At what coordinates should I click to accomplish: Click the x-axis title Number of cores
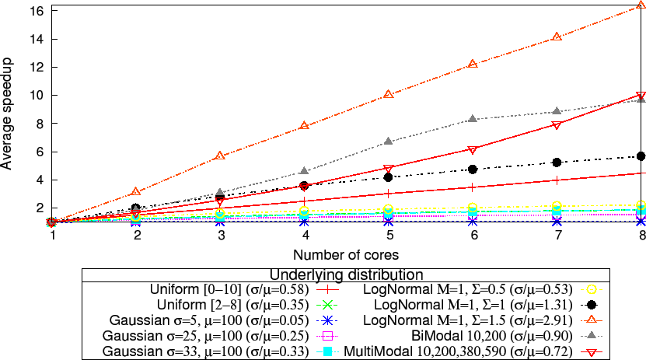click(x=346, y=255)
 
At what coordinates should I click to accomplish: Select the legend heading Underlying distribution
click(x=346, y=274)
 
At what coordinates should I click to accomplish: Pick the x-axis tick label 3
click(x=221, y=236)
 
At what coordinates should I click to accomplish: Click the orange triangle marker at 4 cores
click(x=305, y=125)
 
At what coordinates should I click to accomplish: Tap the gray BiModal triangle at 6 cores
click(x=473, y=119)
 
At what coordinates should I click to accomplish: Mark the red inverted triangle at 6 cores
click(x=473, y=150)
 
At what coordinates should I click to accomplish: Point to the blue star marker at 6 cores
click(x=473, y=222)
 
